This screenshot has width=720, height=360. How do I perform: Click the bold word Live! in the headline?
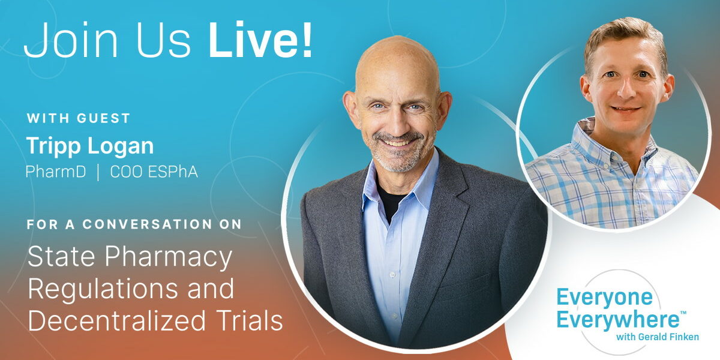[260, 40]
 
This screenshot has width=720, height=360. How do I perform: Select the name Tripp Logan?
[90, 146]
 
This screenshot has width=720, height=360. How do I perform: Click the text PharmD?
[56, 172]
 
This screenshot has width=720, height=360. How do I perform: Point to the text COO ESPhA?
[154, 172]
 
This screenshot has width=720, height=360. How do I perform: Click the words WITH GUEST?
[79, 118]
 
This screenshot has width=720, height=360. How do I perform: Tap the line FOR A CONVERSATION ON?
[134, 224]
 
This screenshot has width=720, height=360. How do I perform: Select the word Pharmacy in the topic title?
[169, 258]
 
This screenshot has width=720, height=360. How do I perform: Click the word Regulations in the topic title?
[103, 289]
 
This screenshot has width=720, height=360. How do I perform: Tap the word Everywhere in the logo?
[618, 320]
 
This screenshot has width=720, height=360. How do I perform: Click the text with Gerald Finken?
[658, 337]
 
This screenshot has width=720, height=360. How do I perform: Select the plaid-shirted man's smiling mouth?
[625, 110]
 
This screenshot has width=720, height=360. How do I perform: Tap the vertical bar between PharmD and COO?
[98, 173]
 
